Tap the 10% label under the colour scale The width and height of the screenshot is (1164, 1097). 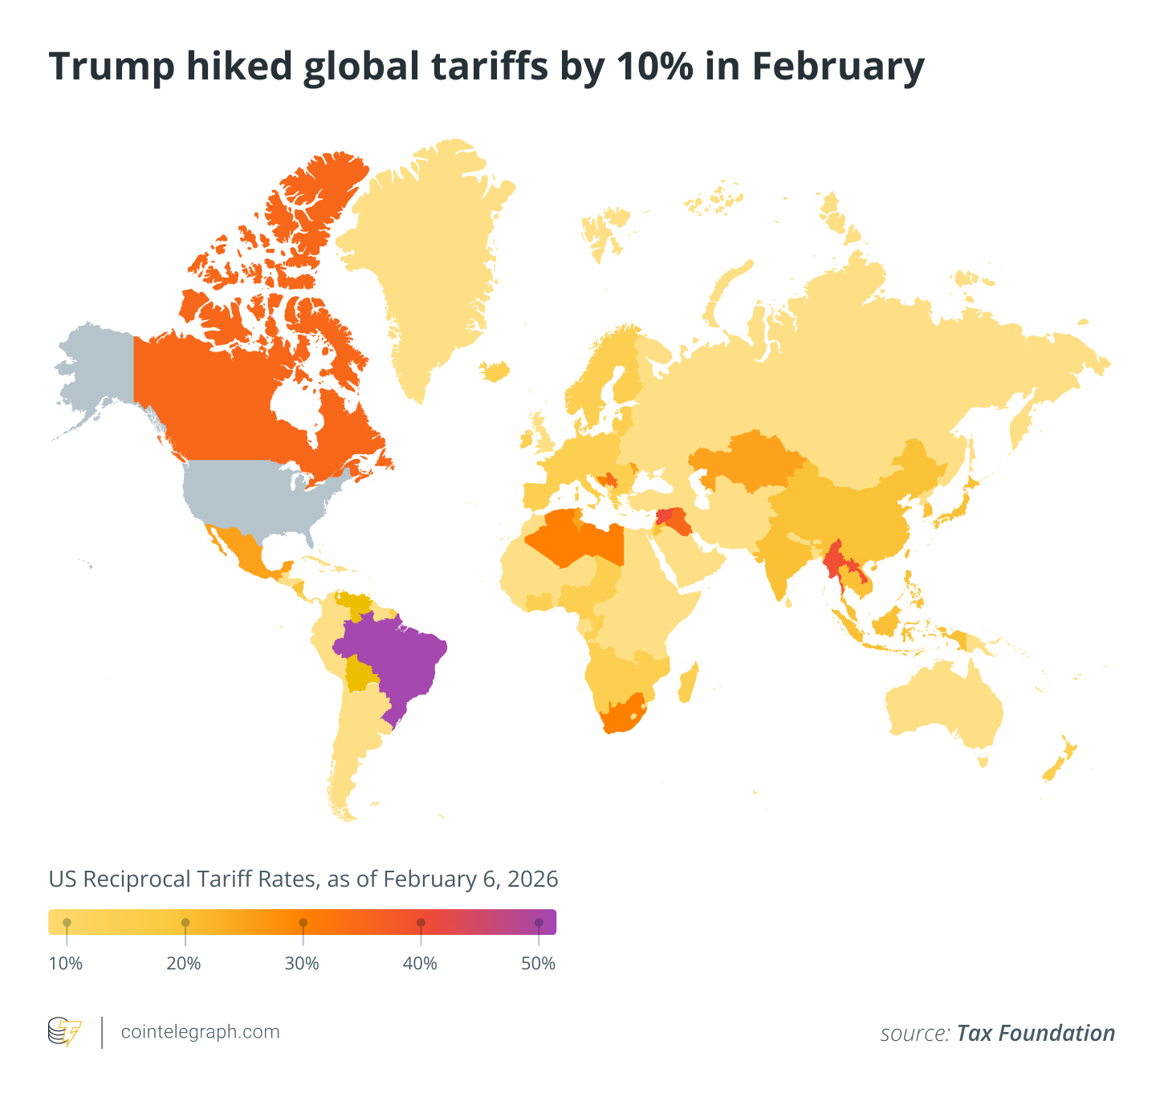[67, 964]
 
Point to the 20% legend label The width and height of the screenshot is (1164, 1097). [184, 964]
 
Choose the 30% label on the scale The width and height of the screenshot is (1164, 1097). [302, 964]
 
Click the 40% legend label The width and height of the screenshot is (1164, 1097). [420, 964]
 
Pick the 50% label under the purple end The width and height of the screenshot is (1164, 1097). [538, 964]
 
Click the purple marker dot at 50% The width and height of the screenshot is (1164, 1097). [539, 923]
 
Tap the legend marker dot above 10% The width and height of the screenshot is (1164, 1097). [67, 923]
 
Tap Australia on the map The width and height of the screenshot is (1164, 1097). [947, 706]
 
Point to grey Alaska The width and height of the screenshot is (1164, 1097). [96, 369]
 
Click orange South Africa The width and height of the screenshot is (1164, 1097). [622, 714]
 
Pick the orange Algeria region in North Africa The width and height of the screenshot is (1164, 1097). [562, 538]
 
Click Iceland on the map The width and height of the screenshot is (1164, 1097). [495, 371]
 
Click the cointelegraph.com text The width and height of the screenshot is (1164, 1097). [200, 1032]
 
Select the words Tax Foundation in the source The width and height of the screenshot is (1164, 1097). [1036, 1034]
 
